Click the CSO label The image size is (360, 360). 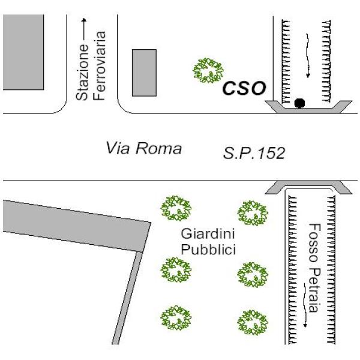[244, 88]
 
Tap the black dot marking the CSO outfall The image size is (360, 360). [299, 103]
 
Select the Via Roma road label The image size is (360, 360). [143, 148]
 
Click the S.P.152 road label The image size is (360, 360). [254, 154]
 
